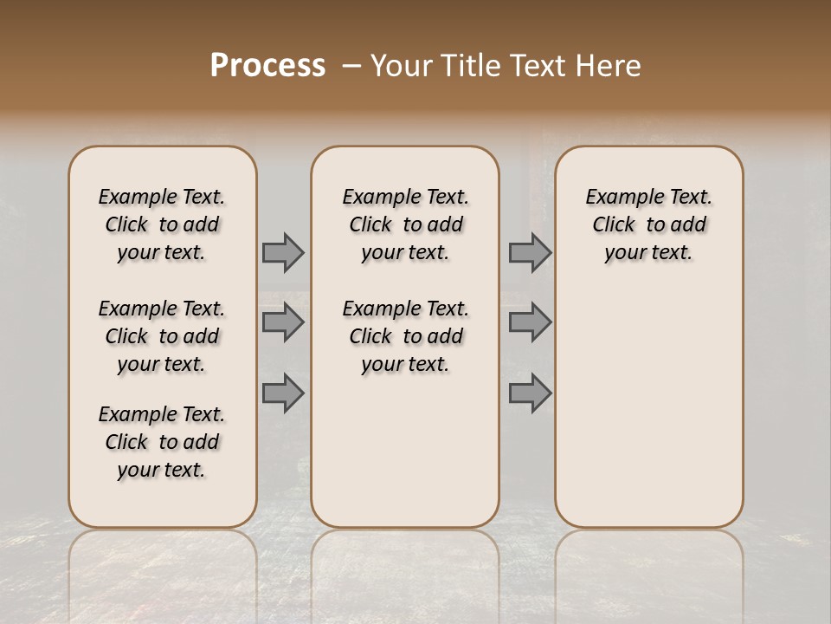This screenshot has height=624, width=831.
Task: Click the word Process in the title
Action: pyautogui.click(x=267, y=66)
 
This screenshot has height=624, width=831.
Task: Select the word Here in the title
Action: pyautogui.click(x=609, y=66)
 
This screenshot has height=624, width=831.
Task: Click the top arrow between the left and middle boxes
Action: pyautogui.click(x=283, y=252)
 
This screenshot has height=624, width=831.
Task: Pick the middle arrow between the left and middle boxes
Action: pyautogui.click(x=283, y=322)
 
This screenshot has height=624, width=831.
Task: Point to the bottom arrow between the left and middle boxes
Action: pyautogui.click(x=283, y=393)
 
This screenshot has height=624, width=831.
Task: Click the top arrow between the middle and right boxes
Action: pyautogui.click(x=530, y=252)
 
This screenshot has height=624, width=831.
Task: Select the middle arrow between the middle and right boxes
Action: pyautogui.click(x=530, y=322)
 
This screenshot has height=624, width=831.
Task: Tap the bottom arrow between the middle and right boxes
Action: pyautogui.click(x=530, y=393)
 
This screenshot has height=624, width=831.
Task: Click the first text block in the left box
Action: pyautogui.click(x=162, y=224)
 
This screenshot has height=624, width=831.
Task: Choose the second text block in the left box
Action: pyautogui.click(x=162, y=336)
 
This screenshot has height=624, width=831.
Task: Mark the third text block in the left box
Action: pyautogui.click(x=162, y=442)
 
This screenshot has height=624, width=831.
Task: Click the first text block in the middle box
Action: pyautogui.click(x=405, y=224)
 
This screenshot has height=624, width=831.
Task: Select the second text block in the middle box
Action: pyautogui.click(x=405, y=336)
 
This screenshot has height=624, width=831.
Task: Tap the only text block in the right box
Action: pyautogui.click(x=648, y=224)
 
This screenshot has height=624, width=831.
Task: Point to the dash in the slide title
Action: pyautogui.click(x=351, y=66)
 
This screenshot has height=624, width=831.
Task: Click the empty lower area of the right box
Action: pyautogui.click(x=648, y=407)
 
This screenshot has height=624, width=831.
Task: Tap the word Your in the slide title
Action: pyautogui.click(x=401, y=66)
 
